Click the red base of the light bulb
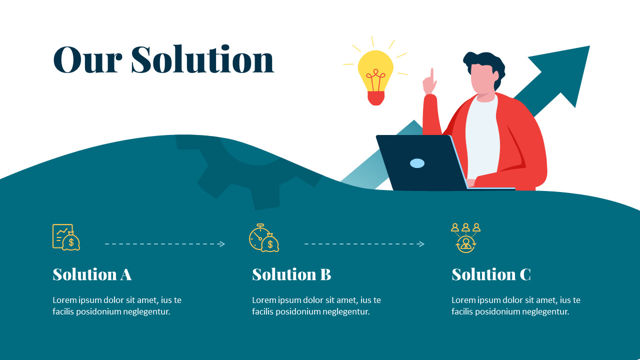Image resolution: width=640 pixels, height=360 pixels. pos(375,98)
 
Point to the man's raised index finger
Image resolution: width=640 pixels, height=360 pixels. pos(432,75)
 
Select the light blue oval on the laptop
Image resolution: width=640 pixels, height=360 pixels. pos(417,163)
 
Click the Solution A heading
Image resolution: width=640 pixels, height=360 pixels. pos(92,274)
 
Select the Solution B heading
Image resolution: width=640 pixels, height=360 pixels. pos(291,274)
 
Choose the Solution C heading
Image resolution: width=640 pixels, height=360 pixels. pos(491,274)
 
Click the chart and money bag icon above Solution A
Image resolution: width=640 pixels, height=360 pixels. pos(66,237)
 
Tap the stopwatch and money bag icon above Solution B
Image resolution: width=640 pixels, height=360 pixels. pos(264,238)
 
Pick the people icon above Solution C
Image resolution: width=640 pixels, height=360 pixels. pos(465,237)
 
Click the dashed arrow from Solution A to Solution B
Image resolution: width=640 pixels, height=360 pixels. pos(165,244)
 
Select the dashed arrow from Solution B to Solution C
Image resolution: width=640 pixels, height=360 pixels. pos(364,244)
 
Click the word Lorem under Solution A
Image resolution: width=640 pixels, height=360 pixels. pos(65,300)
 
